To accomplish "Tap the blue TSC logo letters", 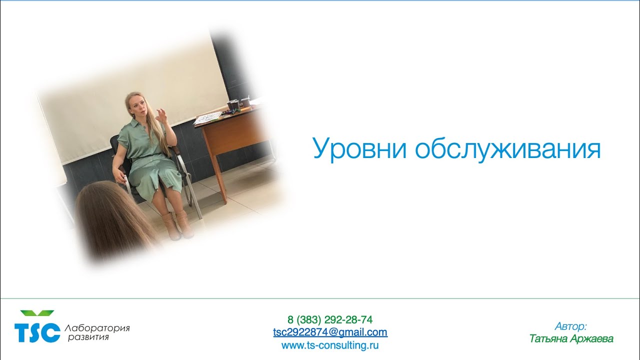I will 37,332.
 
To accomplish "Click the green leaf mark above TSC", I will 37,313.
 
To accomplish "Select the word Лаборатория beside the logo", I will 97,328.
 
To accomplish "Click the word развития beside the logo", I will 88,338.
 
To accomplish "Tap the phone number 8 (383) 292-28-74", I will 330,319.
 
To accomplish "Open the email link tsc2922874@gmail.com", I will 330,332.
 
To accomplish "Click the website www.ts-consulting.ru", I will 330,345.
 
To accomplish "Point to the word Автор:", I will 570,326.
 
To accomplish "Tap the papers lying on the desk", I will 207,118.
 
